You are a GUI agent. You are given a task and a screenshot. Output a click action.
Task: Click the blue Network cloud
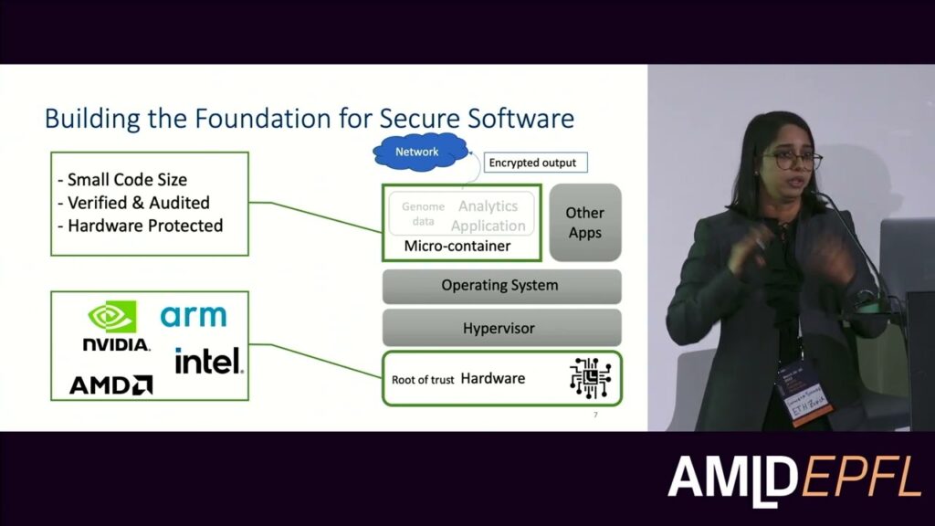(x=417, y=152)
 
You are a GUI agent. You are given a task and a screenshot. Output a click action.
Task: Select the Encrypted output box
(x=533, y=163)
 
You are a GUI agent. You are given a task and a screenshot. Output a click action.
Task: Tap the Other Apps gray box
(x=585, y=223)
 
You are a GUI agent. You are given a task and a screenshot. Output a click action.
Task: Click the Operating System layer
(x=500, y=286)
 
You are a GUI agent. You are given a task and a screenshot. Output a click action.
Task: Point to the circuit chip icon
(x=590, y=377)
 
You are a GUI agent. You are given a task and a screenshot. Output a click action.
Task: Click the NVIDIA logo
(x=115, y=327)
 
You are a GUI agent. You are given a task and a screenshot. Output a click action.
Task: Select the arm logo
(x=194, y=316)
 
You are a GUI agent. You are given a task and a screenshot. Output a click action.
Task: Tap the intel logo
(x=209, y=361)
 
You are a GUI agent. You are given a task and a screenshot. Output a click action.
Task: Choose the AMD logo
(x=110, y=384)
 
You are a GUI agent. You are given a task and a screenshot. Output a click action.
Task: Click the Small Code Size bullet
(x=128, y=180)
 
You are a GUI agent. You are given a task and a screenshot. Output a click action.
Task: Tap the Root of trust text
(x=423, y=379)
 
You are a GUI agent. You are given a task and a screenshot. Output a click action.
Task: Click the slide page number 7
(x=595, y=416)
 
